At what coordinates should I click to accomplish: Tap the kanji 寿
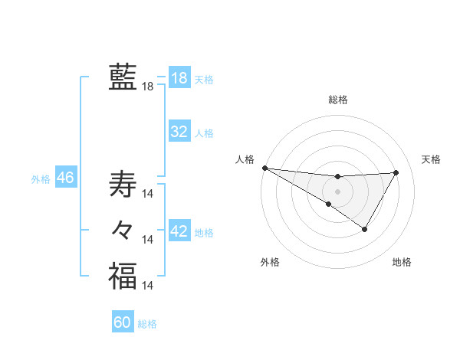point(123,185)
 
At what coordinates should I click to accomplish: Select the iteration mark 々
point(123,229)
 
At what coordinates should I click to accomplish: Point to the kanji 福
point(123,276)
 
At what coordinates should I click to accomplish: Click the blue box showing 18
point(179,78)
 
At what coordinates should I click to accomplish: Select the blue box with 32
point(179,132)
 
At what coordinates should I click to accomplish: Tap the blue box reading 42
point(179,231)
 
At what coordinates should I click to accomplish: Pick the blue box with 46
point(65,178)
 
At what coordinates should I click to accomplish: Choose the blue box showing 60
point(123,322)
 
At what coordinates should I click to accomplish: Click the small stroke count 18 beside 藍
point(148,87)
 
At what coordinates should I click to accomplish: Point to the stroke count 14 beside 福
point(148,286)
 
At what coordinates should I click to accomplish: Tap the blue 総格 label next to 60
point(147,324)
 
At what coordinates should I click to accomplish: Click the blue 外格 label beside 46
point(41,179)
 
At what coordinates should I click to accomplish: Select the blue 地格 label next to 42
point(204,232)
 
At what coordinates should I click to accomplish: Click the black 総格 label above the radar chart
point(337,100)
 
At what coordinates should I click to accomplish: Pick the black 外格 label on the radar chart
point(270,262)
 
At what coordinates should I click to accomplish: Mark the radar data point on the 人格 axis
point(264,168)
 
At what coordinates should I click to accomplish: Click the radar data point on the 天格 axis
point(396,172)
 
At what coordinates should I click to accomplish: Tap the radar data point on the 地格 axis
point(365,229)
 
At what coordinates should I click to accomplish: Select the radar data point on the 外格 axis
point(329,204)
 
